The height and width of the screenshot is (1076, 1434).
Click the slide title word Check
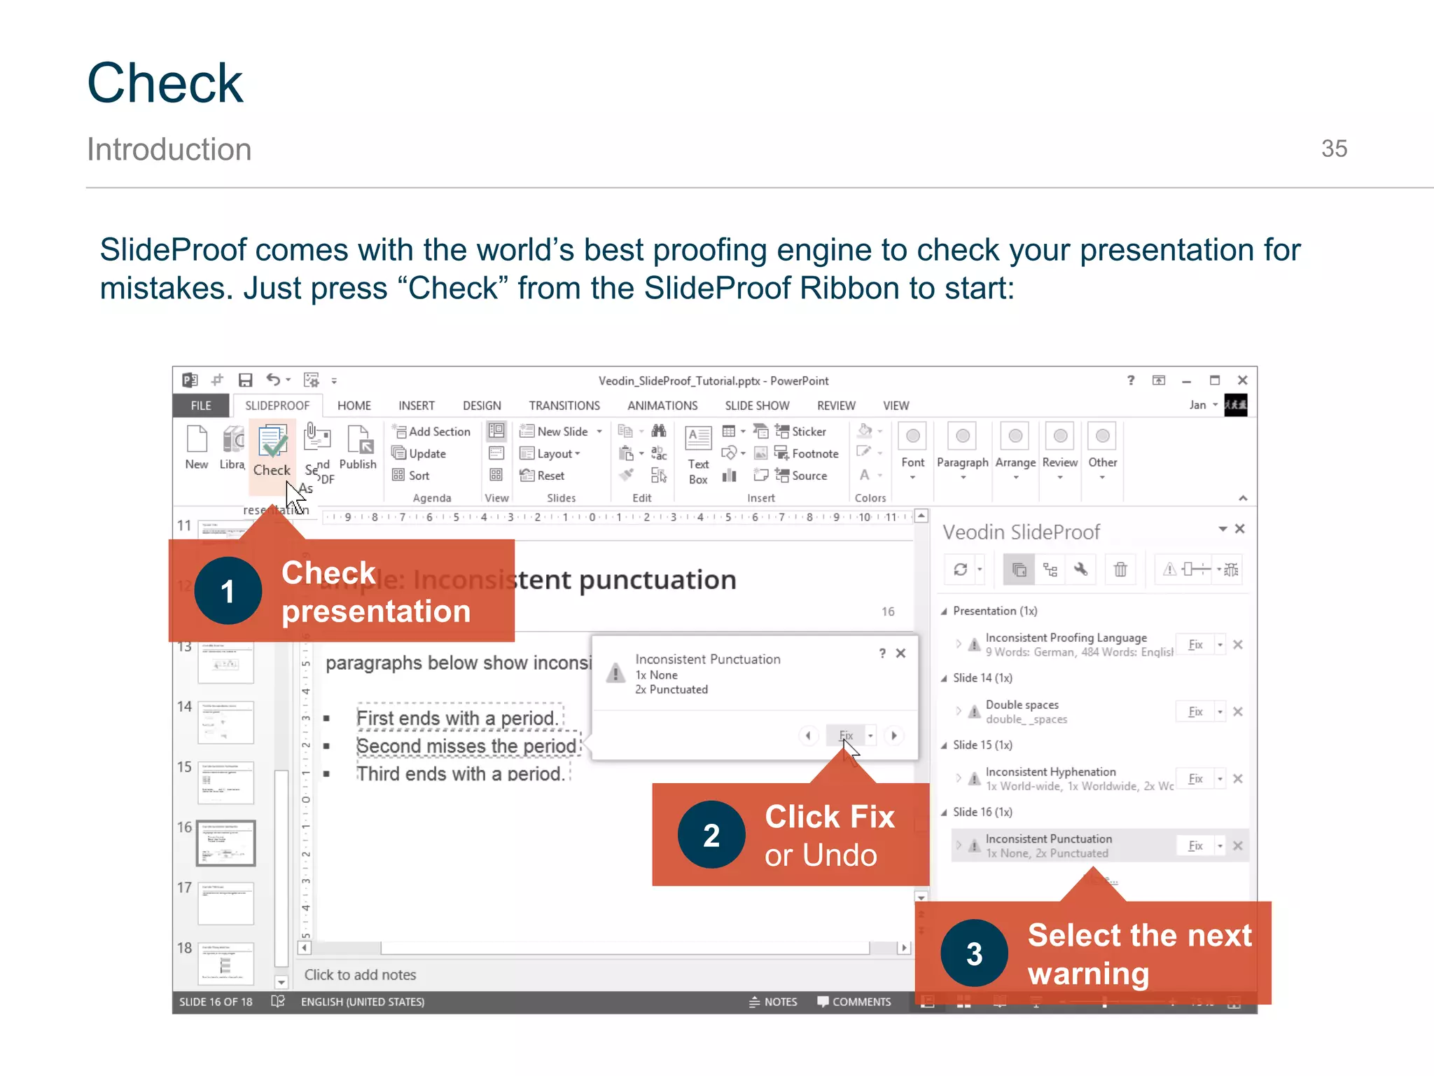[165, 83]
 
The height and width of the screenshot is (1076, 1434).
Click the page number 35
[1333, 149]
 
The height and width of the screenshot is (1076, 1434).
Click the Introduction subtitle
[169, 149]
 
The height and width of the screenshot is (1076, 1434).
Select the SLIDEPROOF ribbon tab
[277, 406]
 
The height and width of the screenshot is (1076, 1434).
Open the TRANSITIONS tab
[564, 406]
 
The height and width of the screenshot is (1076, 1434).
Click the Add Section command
[432, 432]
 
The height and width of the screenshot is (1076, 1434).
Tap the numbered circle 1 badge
[228, 591]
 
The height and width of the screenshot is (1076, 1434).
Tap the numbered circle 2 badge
[711, 835]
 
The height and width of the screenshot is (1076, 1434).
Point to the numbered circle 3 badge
[974, 953]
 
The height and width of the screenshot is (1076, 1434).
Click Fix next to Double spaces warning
[1195, 712]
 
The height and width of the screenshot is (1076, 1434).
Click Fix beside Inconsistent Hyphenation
[1195, 779]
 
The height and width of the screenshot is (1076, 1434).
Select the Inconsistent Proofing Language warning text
[1065, 637]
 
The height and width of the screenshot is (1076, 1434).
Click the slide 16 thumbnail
[225, 843]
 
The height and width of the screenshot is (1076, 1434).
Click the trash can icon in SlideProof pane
[1120, 570]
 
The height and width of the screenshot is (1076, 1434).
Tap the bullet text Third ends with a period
[460, 774]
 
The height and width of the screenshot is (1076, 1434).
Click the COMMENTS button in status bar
[854, 1002]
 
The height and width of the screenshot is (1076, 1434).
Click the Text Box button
[698, 455]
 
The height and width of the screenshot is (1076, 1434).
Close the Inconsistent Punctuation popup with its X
[900, 654]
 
